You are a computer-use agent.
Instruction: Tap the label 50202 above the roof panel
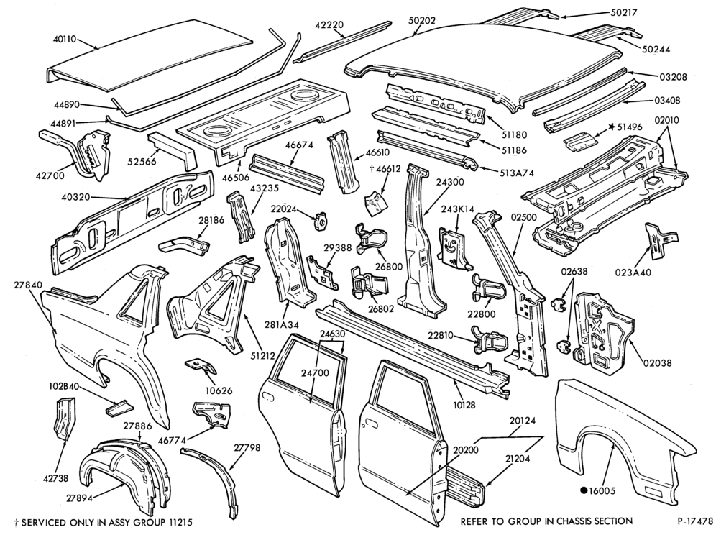(x=422, y=21)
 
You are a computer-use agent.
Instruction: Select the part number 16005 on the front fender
(x=602, y=491)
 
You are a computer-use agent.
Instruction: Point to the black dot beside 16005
(x=583, y=491)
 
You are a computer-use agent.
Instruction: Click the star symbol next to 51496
(x=611, y=127)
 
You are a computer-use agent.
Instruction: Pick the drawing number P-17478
(x=695, y=521)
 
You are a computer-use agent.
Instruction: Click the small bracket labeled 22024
(x=321, y=221)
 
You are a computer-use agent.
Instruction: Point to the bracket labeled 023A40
(x=661, y=241)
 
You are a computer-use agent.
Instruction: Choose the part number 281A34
(x=282, y=325)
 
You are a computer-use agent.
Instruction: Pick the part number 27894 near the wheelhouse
(x=78, y=498)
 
